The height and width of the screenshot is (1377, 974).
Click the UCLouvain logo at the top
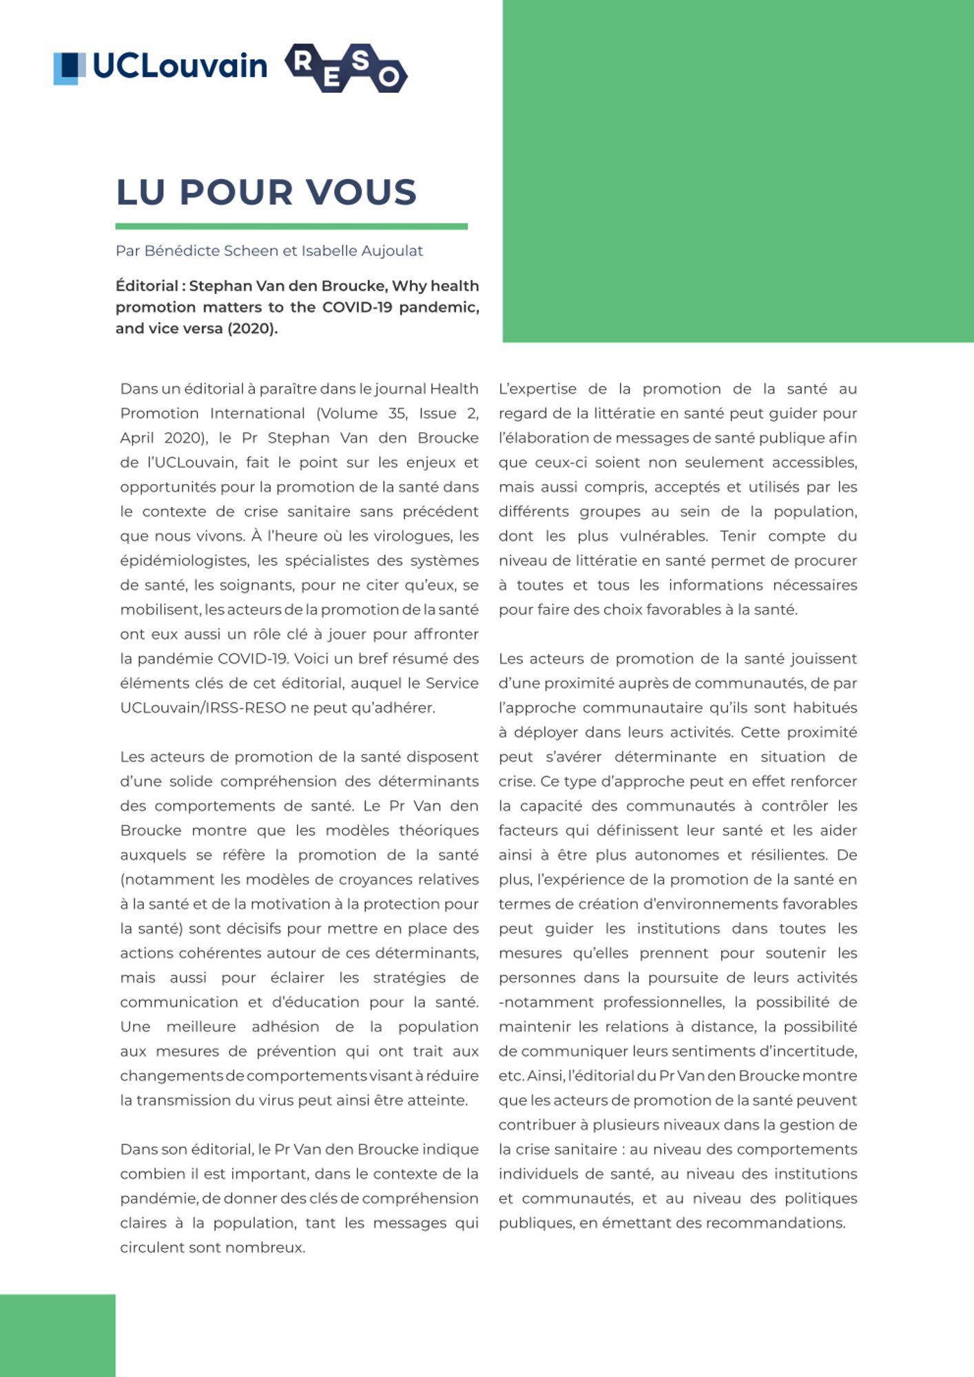pyautogui.click(x=160, y=67)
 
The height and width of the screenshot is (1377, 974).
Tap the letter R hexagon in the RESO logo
pyautogui.click(x=302, y=62)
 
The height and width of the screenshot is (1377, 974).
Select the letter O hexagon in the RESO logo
pyautogui.click(x=388, y=76)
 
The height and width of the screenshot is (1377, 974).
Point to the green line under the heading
pyautogui.click(x=291, y=227)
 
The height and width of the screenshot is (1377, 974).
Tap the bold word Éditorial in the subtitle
pyautogui.click(x=147, y=286)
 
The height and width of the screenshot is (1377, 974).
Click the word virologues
pyautogui.click(x=413, y=536)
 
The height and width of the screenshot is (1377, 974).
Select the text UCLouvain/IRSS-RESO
pyautogui.click(x=203, y=708)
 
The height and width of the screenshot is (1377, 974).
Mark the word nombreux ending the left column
pyautogui.click(x=269, y=1248)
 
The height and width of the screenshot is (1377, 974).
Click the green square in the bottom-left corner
pyautogui.click(x=57, y=1335)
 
